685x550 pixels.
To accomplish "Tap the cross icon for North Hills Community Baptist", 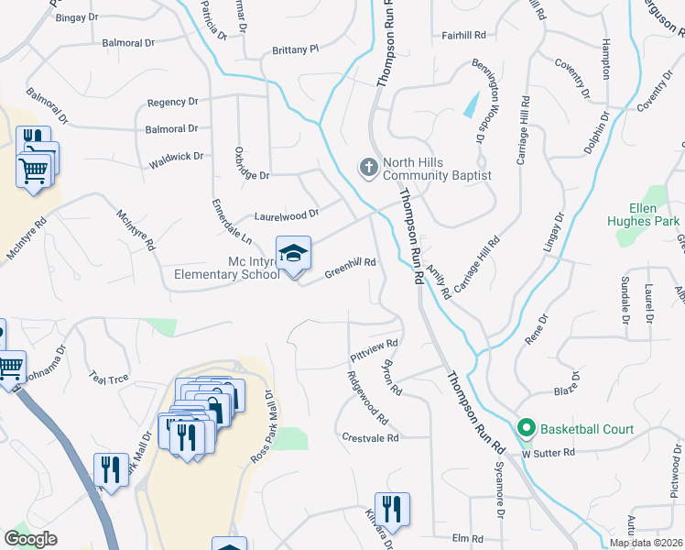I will tap(367, 168).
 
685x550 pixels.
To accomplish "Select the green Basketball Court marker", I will tap(527, 428).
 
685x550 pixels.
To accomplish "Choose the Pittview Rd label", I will tap(374, 349).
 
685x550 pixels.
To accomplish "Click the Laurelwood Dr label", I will tap(286, 216).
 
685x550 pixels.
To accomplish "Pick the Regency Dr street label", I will tap(172, 102).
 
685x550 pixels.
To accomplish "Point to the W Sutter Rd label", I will tap(549, 453).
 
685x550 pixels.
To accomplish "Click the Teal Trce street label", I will tap(109, 376).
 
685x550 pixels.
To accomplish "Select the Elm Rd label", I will tap(467, 538).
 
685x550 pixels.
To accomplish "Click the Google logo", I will tap(30, 539).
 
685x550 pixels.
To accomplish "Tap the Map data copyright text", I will tap(645, 543).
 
